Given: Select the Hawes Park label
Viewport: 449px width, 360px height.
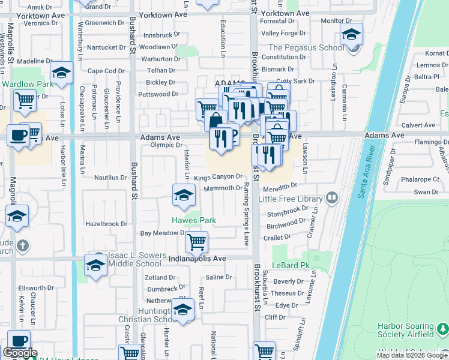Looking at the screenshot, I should click(x=194, y=221).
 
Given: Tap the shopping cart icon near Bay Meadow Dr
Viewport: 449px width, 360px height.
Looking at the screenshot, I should click(x=196, y=242).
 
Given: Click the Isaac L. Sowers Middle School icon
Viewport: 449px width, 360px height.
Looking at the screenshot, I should click(x=95, y=265).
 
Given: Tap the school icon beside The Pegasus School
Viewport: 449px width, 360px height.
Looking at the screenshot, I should click(x=351, y=34).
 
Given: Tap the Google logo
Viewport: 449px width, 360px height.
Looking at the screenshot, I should click(x=20, y=353).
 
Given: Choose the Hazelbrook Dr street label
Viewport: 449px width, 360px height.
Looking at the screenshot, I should click(x=106, y=224).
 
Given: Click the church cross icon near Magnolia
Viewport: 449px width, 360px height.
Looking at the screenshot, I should click(x=22, y=245).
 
